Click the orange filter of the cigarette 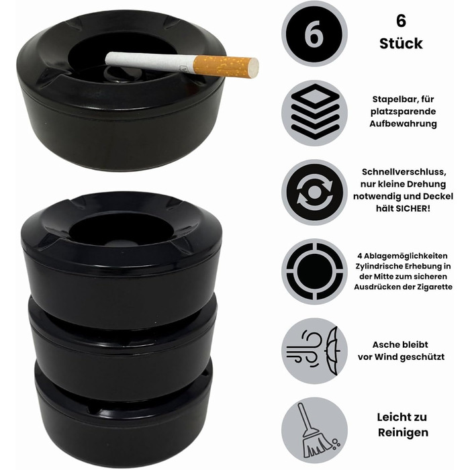226,66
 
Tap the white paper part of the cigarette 150,62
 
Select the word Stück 401,44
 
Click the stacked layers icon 314,112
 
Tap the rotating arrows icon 314,193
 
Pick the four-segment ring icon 314,271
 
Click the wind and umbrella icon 314,350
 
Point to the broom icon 318,430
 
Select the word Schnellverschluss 404,172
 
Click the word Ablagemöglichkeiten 406,256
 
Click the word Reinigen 403,432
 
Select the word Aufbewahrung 403,124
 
